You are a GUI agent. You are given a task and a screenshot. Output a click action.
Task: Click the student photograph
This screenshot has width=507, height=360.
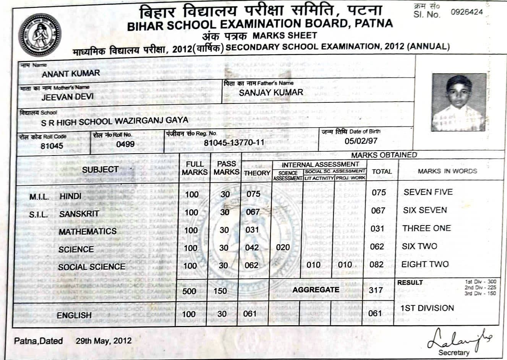coord(459,102)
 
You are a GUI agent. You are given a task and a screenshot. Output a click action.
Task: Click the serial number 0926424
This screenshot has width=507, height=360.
coord(467,12)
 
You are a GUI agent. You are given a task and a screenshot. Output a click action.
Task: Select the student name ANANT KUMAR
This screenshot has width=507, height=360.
coord(71,73)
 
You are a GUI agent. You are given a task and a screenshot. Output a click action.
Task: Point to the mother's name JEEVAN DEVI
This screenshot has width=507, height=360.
coord(67,97)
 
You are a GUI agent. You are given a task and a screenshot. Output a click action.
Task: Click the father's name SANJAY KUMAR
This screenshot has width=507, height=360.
coord(271,92)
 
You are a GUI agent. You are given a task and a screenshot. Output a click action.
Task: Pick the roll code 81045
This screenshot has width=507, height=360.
coord(52,146)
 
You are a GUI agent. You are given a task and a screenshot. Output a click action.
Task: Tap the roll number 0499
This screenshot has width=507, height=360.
coord(125,144)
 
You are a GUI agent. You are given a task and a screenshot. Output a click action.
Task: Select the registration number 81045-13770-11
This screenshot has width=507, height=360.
coord(234,143)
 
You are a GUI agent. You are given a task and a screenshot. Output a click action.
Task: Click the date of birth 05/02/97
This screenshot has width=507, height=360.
coord(361,141)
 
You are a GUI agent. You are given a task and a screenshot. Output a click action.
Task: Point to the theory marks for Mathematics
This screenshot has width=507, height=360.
coord(252,230)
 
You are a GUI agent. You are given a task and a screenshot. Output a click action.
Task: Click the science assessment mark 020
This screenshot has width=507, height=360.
coord(283,247)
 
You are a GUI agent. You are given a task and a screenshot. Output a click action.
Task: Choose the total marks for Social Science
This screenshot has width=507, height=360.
coord(377,264)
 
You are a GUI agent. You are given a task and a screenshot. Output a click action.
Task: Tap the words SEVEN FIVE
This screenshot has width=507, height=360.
coord(428,192)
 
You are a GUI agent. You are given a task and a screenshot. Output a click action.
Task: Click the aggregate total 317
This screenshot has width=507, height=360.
coord(376,290)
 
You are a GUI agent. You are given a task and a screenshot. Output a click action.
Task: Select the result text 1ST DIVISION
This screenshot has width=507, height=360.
coord(427,308)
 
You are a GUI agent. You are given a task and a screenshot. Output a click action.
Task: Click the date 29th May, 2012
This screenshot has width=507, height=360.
coord(104,341)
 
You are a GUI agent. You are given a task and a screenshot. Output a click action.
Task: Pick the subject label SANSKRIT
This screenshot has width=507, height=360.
coord(79,214)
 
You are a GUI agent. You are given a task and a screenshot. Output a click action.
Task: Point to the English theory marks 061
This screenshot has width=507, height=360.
coord(250,314)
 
